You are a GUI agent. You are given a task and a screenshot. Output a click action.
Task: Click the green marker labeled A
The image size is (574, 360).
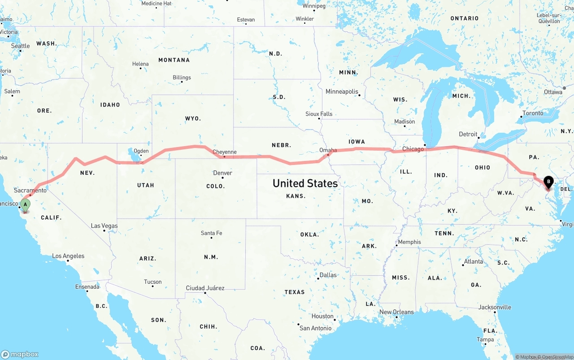tap(26, 206)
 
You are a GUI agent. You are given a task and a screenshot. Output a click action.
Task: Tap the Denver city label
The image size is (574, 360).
tap(222, 173)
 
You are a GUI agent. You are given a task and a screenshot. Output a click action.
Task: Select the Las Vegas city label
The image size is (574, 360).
tap(104, 226)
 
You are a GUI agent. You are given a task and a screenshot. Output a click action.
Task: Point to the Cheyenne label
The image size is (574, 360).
tap(224, 152)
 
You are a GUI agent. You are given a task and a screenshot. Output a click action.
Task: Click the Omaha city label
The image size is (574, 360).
tap(328, 150)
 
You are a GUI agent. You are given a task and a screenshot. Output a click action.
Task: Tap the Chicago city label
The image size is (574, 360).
tap(413, 149)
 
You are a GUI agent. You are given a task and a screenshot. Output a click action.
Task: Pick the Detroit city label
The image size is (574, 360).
tap(468, 134)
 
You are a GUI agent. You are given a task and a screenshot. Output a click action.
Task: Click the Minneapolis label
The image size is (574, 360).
tap(342, 91)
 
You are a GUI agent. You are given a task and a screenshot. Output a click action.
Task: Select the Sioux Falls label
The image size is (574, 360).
tap(319, 114)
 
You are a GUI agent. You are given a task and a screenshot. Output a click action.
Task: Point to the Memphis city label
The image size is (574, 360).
tap(409, 242)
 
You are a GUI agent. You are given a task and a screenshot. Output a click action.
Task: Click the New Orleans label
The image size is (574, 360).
tap(396, 312)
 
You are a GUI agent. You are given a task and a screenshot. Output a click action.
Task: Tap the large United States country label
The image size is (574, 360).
tap(305, 183)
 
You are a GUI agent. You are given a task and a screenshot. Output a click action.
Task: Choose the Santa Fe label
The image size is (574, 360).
tap(211, 233)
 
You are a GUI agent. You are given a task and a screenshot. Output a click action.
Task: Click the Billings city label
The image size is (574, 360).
tap(182, 78)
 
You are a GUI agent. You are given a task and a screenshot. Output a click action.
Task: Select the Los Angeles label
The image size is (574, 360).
tap(68, 256)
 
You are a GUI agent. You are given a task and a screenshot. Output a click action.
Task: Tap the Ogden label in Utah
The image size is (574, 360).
tap(141, 151)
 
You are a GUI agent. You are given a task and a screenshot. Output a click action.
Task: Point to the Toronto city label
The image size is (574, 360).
tap(533, 113)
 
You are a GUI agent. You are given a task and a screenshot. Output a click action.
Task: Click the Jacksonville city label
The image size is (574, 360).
tap(494, 307)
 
